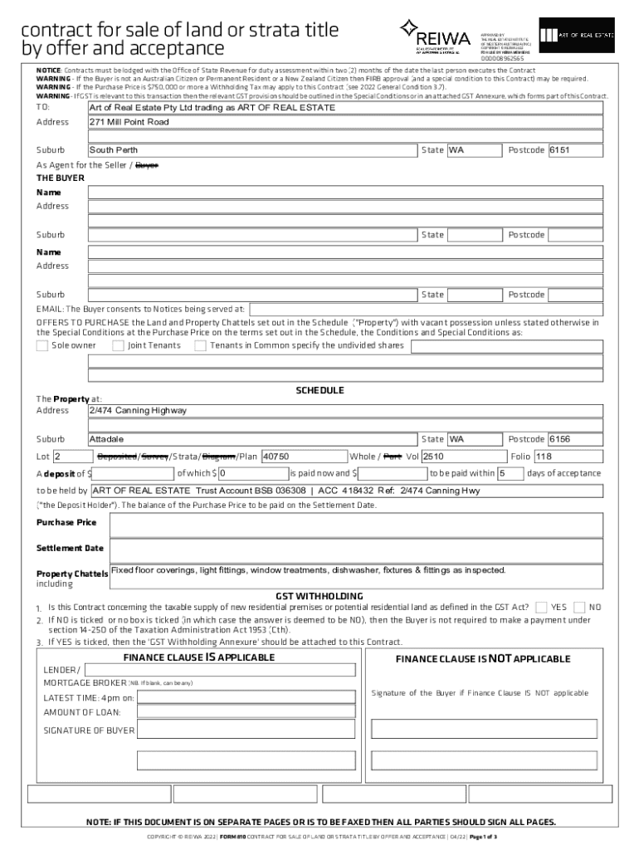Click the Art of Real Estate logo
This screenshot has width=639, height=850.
573,35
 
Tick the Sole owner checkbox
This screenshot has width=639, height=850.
42,345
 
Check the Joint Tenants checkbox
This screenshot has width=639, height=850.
119,345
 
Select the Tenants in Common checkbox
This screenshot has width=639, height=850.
200,345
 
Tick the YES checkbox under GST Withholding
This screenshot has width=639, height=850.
541,608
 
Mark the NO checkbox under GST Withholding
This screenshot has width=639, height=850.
580,608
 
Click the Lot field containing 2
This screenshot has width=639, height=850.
72,457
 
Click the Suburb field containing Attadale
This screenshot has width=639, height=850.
252,439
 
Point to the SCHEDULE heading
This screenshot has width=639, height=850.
319,390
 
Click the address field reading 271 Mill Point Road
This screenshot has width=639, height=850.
345,122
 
